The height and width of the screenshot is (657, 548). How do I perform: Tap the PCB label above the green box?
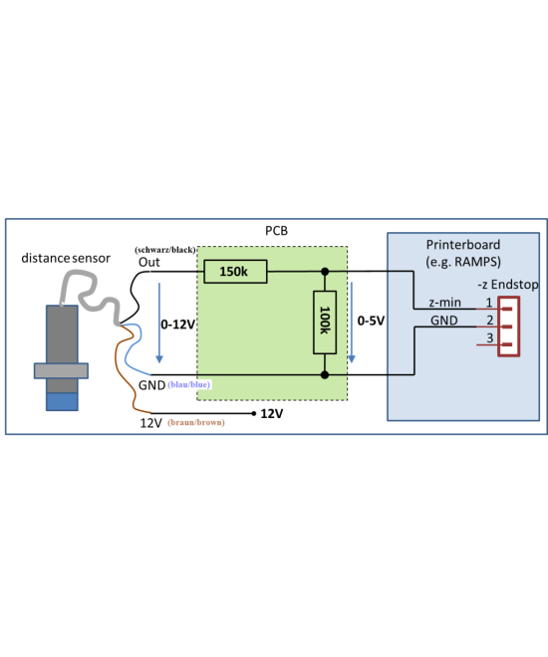(276, 231)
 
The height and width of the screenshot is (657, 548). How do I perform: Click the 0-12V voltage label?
(177, 325)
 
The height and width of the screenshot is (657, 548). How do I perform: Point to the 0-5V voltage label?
(371, 322)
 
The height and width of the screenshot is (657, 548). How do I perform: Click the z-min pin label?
(444, 303)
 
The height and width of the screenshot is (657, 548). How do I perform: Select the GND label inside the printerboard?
(444, 321)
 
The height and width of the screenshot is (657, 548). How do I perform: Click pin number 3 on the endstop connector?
(488, 339)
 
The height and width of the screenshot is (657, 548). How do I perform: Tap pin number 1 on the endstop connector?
(488, 303)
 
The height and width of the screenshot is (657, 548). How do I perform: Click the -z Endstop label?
(507, 285)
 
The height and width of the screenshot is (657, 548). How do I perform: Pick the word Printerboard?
(463, 245)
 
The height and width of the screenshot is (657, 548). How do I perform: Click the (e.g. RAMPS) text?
(463, 262)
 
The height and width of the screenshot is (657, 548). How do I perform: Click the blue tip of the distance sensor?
(61, 401)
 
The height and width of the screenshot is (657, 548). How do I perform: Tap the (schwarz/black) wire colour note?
(164, 248)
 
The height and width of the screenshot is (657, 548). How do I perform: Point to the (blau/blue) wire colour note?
(189, 384)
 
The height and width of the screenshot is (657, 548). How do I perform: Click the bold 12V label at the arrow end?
(272, 413)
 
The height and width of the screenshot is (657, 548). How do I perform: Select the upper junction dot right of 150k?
(325, 271)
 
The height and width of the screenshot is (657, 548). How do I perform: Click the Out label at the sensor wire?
(149, 262)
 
